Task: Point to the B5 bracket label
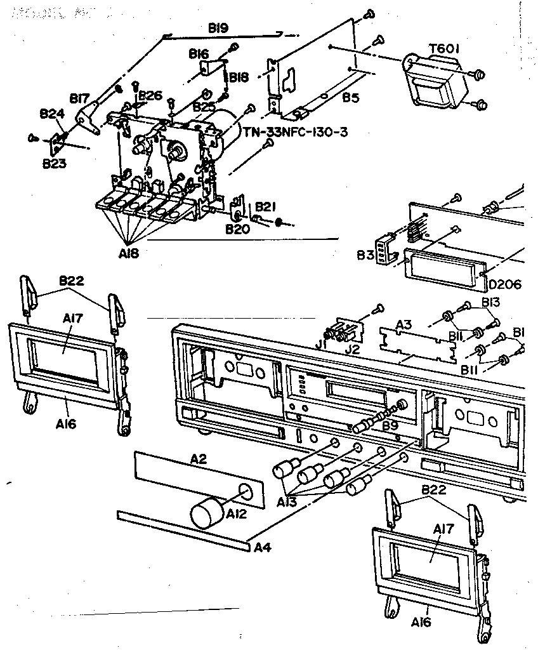pos(351,98)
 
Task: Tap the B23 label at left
pos(55,163)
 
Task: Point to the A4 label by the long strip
pos(262,546)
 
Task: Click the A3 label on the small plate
pos(404,324)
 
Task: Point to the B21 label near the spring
pos(265,207)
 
